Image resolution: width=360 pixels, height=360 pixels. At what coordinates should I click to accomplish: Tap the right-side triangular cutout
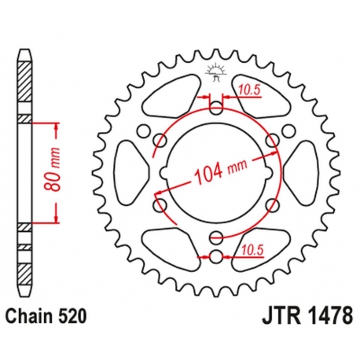coord(301,168)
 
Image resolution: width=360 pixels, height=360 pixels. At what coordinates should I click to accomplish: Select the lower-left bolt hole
coord(161,206)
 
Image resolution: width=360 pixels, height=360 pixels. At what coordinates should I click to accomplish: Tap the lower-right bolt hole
coord(271,206)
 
